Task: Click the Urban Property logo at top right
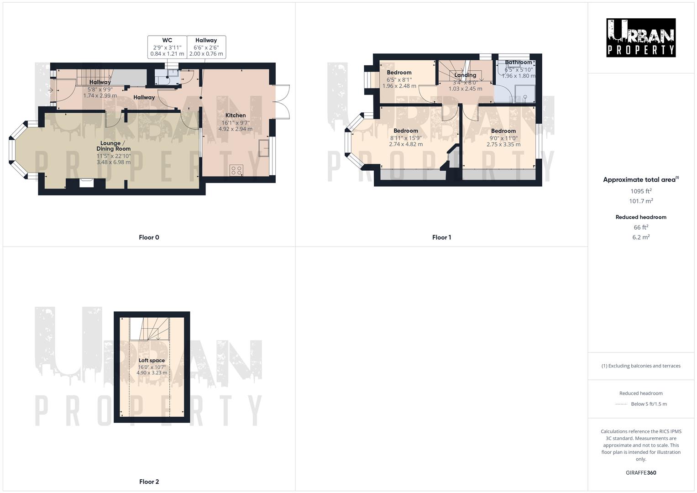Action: click(x=641, y=38)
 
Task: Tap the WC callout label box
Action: click(x=167, y=47)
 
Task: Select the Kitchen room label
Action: click(x=236, y=115)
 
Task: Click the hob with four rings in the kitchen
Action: click(x=236, y=170)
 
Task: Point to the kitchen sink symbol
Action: click(x=264, y=148)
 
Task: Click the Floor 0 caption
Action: click(x=149, y=237)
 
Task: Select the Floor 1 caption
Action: click(x=441, y=237)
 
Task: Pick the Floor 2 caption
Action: click(x=149, y=482)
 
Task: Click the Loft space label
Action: click(x=152, y=360)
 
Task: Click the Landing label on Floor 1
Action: click(x=465, y=75)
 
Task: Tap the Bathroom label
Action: click(x=518, y=63)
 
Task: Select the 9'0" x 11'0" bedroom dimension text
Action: click(x=503, y=138)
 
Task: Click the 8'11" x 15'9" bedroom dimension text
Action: click(x=406, y=138)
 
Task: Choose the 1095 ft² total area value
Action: click(x=641, y=191)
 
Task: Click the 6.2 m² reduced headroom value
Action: click(x=641, y=237)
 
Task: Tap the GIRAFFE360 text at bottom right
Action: click(x=641, y=472)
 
